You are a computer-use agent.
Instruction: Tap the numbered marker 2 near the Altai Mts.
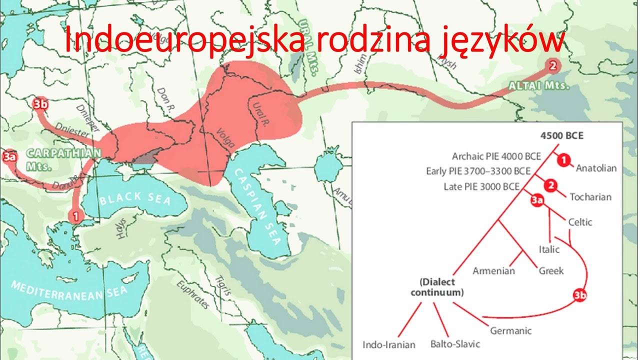(x=552, y=65)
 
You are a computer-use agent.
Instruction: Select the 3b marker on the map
(x=39, y=103)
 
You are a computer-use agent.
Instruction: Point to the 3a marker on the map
(x=9, y=156)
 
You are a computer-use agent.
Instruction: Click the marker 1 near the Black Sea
(x=75, y=216)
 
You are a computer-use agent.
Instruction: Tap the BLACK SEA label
(x=135, y=200)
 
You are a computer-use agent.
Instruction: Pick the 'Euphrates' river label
(x=192, y=295)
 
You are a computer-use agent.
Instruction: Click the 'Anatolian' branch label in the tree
(x=596, y=168)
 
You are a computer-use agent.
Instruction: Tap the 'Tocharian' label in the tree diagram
(x=590, y=197)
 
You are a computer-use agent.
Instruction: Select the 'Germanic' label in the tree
(x=510, y=330)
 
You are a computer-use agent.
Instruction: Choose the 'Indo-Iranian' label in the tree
(x=389, y=345)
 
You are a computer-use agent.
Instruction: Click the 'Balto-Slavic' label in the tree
(x=455, y=344)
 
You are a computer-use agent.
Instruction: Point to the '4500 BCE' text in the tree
(x=562, y=135)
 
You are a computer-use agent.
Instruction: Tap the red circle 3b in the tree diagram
(x=579, y=295)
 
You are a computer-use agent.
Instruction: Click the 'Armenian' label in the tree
(x=493, y=271)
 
